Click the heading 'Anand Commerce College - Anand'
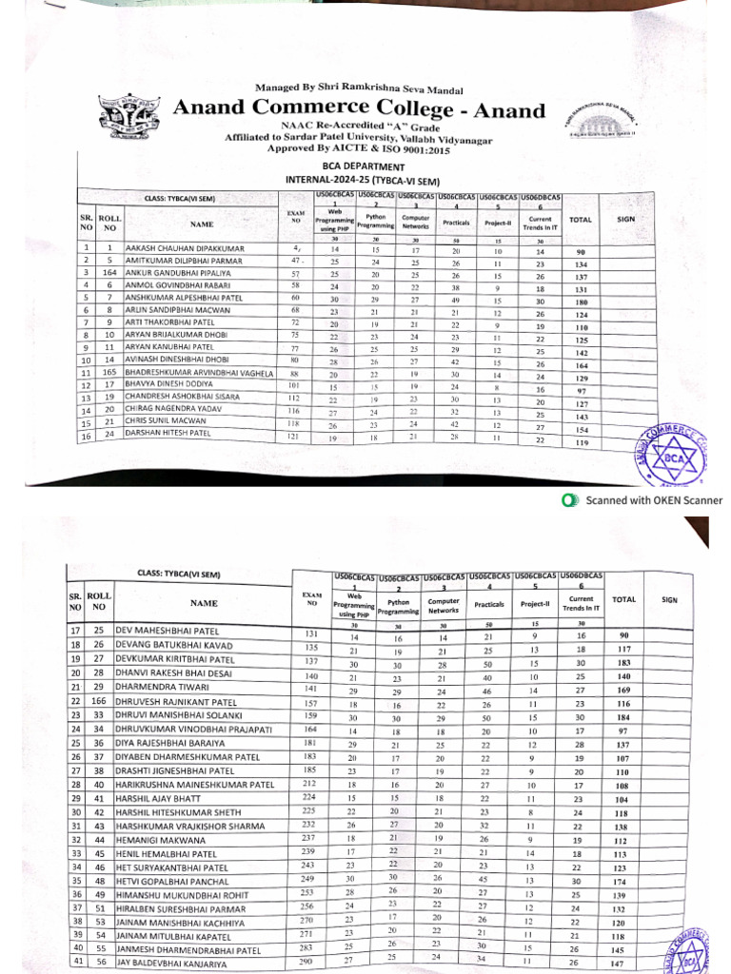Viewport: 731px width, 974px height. click(358, 109)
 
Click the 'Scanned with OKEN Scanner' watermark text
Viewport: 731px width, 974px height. click(653, 500)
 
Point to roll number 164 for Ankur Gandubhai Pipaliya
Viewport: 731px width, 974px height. click(109, 274)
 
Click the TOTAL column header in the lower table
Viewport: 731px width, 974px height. click(623, 599)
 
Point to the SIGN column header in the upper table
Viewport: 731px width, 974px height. click(625, 219)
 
